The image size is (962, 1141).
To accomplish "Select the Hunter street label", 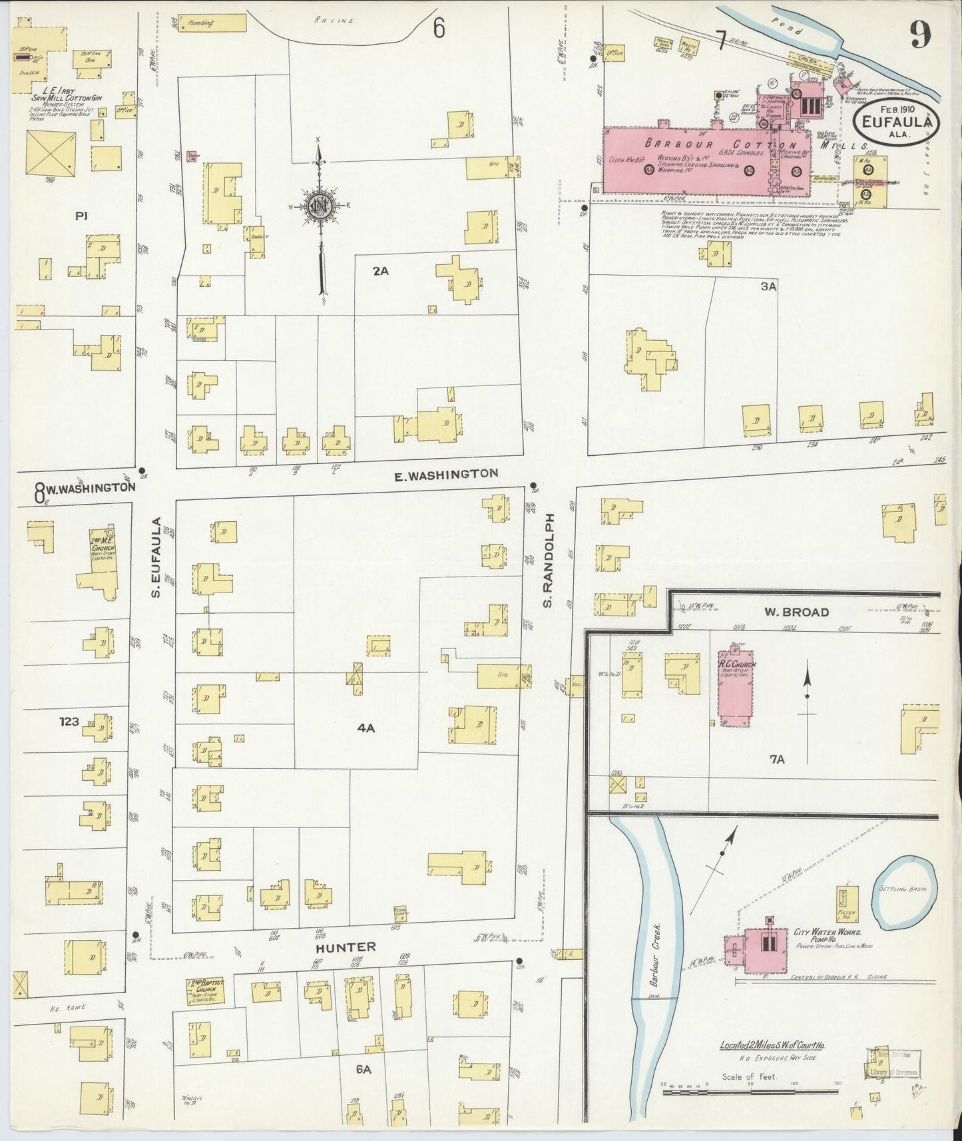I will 346,947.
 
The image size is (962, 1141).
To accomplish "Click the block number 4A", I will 366,728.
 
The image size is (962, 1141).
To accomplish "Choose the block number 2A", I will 380,271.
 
